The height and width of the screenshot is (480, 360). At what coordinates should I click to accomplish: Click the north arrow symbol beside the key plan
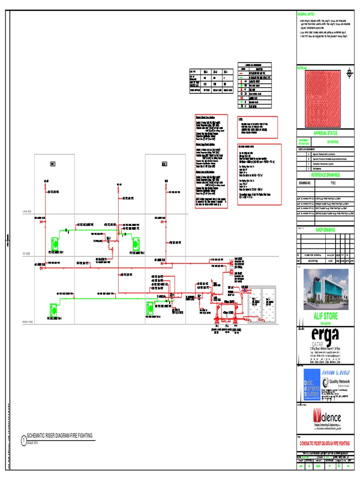point(348,73)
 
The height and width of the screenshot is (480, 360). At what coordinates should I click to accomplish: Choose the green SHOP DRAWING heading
point(326,230)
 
